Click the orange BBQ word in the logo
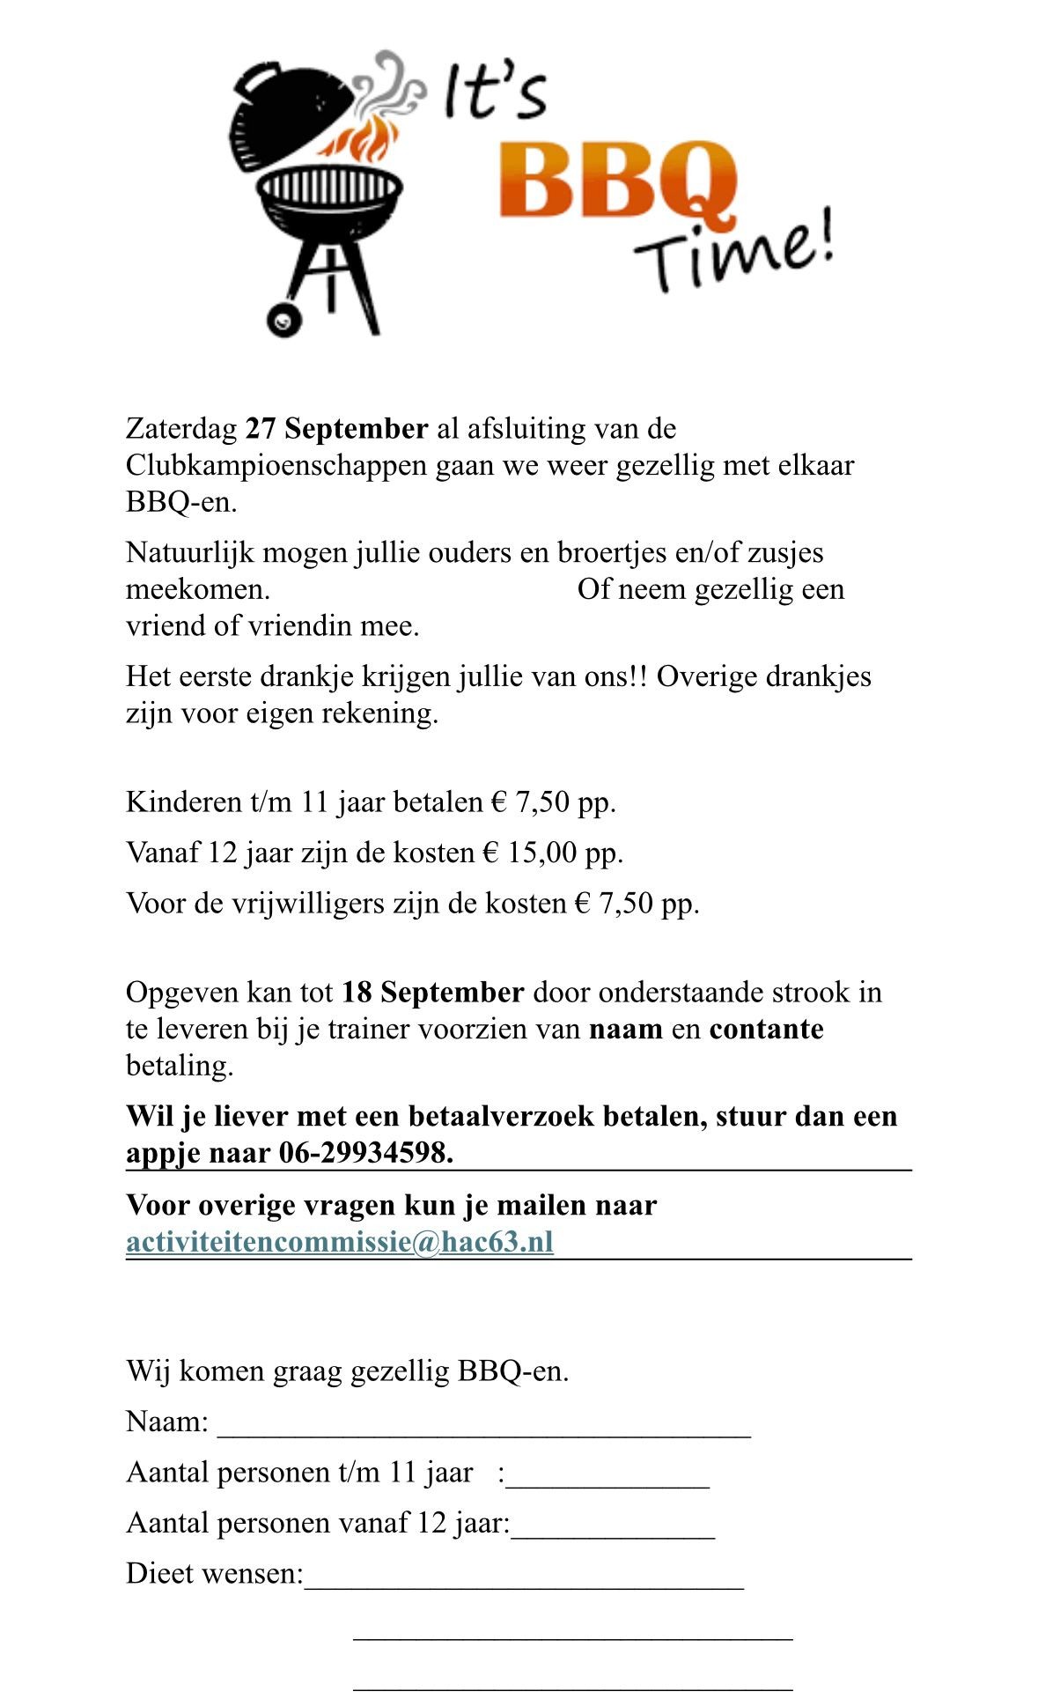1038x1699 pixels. click(x=616, y=183)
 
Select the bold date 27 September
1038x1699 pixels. click(x=336, y=429)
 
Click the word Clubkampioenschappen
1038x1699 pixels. click(x=277, y=465)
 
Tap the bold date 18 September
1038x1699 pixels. click(x=432, y=993)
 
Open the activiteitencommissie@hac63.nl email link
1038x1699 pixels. click(x=340, y=1242)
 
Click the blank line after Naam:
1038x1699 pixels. click(x=484, y=1424)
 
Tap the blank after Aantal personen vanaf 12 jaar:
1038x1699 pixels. click(x=613, y=1525)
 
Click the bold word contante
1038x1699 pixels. click(x=766, y=1030)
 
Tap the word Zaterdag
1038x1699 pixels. click(x=181, y=429)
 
